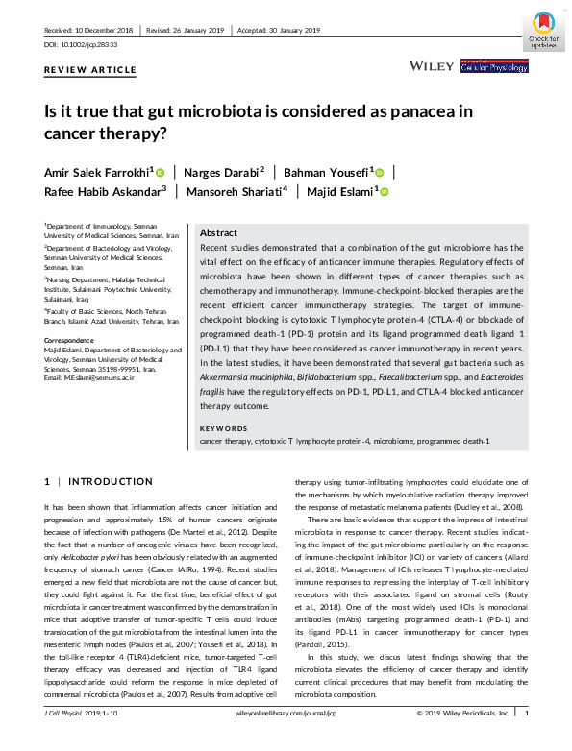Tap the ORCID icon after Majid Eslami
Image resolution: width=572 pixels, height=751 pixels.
(x=384, y=192)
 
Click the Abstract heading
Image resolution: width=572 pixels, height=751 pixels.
(x=218, y=233)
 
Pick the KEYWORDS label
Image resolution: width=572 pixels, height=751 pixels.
(x=223, y=427)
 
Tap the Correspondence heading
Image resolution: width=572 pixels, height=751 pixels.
(x=74, y=341)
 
